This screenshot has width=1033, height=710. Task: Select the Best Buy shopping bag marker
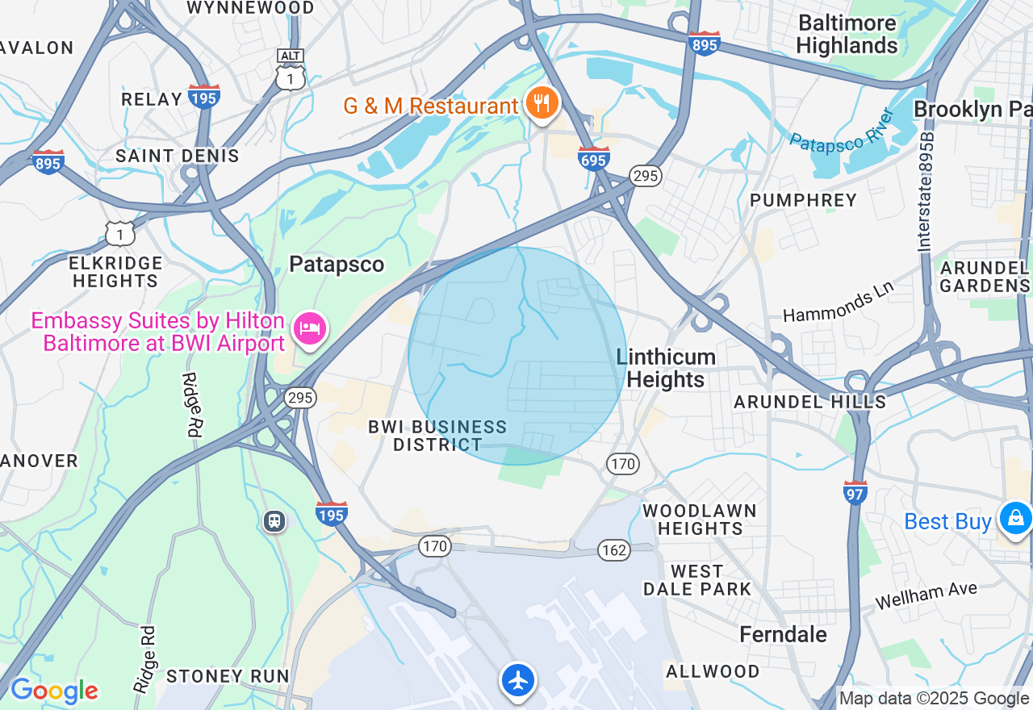click(x=1015, y=517)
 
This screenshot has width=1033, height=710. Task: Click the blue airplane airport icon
click(x=517, y=680)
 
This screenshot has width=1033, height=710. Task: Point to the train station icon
click(x=274, y=520)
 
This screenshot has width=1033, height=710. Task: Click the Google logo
click(x=53, y=691)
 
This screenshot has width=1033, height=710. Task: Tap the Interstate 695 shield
click(x=593, y=158)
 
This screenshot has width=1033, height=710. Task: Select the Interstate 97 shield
click(x=855, y=491)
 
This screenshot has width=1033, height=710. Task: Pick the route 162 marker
click(x=614, y=550)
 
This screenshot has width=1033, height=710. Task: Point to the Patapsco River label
click(x=843, y=130)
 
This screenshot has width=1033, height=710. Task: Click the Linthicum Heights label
click(x=666, y=368)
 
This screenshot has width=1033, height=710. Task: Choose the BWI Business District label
click(x=437, y=436)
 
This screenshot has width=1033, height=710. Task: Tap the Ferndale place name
click(x=783, y=634)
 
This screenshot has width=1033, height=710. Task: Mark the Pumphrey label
click(x=803, y=200)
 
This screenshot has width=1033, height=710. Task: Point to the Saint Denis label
click(x=178, y=156)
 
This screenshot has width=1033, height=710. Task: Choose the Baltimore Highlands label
click(x=847, y=34)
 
